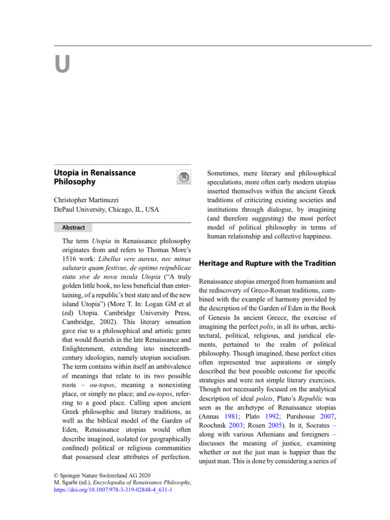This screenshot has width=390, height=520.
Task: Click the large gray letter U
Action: coord(62,66)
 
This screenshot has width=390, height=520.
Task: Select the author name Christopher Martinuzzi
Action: coord(93,200)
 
